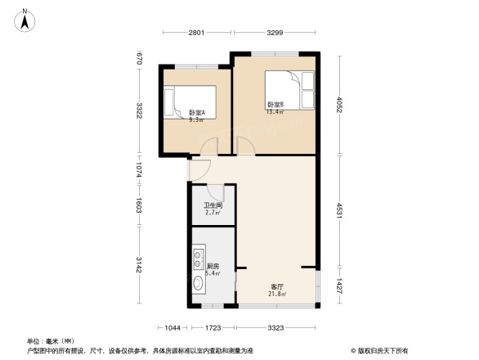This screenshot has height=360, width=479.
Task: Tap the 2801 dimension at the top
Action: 196,33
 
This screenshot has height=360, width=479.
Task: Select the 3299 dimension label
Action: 275,33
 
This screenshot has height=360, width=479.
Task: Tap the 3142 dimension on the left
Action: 141,265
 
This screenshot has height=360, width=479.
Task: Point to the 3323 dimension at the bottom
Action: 275,328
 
